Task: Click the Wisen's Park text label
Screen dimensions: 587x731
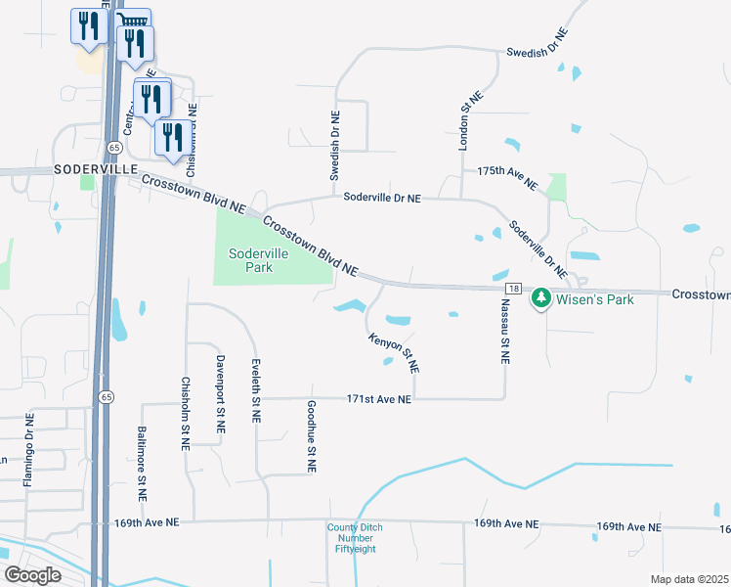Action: pyautogui.click(x=595, y=298)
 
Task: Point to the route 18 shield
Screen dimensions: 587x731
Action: pyautogui.click(x=513, y=289)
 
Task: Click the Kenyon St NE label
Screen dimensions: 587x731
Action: pyautogui.click(x=394, y=353)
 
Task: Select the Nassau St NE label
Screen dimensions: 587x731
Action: pyautogui.click(x=505, y=333)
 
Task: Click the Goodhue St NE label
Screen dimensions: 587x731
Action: pyautogui.click(x=312, y=436)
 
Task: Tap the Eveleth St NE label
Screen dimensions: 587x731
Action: pyautogui.click(x=256, y=388)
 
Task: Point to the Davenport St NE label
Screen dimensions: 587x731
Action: pyautogui.click(x=221, y=393)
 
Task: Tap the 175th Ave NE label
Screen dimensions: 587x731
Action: pyautogui.click(x=507, y=177)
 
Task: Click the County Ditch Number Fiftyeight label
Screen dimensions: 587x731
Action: pyautogui.click(x=350, y=538)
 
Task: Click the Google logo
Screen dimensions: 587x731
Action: pyautogui.click(x=32, y=575)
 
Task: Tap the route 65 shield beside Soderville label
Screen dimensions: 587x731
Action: pyautogui.click(x=115, y=147)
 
